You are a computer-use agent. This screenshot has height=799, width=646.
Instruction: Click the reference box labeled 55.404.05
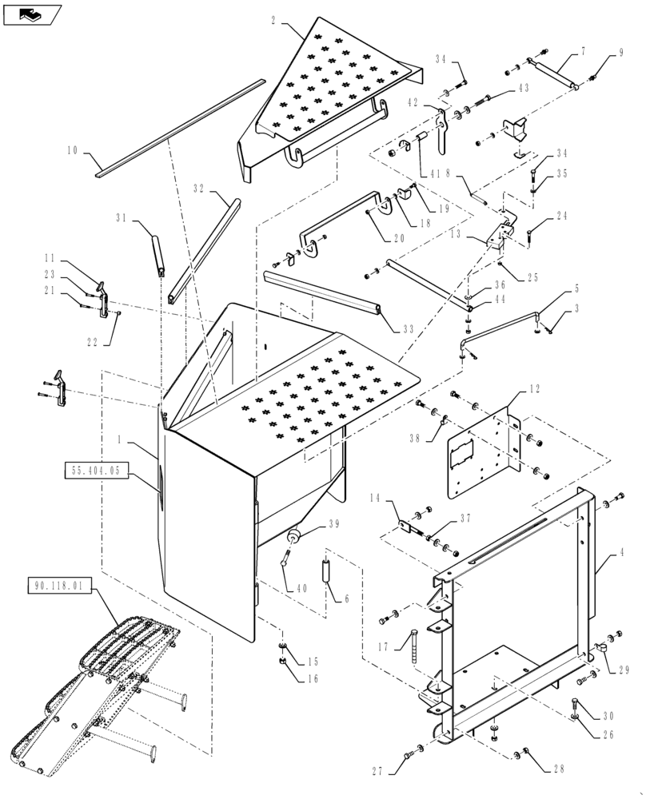pos(95,471)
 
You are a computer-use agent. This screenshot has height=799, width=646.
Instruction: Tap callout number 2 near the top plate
pos(273,20)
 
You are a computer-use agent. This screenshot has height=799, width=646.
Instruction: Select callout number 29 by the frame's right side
pos(624,670)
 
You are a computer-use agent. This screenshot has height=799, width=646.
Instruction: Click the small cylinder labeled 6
pos(327,573)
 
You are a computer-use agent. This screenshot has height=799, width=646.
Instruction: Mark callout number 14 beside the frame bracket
pos(373,498)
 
